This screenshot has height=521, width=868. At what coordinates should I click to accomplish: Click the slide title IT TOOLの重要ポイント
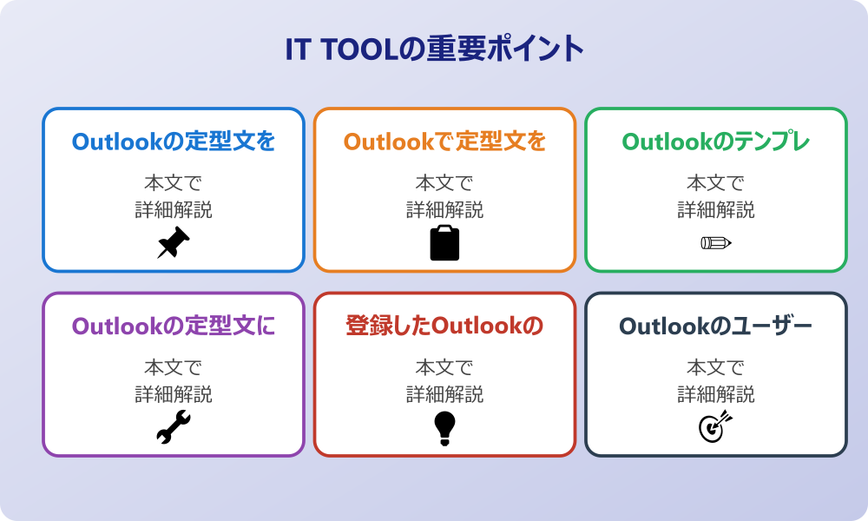(435, 49)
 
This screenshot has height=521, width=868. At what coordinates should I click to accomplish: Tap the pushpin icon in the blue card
(174, 242)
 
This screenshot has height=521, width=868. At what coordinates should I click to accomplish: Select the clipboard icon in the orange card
(444, 242)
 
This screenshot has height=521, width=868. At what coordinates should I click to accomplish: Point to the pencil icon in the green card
(716, 242)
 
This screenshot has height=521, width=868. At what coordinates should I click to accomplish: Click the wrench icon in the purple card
(174, 427)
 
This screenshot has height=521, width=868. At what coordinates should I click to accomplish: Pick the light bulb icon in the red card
(444, 428)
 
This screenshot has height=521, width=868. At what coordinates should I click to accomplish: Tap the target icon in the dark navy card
(716, 427)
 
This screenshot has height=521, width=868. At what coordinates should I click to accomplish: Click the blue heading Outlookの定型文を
(174, 142)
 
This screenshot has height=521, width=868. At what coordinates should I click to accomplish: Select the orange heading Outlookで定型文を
(444, 142)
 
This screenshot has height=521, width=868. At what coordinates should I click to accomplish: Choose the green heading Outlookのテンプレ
(716, 142)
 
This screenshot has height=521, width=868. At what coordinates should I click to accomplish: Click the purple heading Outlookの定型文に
(174, 326)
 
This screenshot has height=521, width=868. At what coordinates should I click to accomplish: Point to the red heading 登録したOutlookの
(444, 326)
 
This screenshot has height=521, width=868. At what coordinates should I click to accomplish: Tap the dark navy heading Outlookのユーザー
(716, 326)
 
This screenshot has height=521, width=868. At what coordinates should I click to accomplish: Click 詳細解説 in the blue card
(174, 210)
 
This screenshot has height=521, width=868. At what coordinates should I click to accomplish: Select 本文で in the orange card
(444, 182)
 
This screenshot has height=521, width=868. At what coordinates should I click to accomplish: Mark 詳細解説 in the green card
(716, 210)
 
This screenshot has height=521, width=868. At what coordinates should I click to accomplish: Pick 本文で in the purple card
(174, 367)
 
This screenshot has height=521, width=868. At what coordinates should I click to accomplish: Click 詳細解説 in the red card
(444, 394)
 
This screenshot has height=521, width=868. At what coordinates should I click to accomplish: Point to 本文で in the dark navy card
(716, 367)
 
